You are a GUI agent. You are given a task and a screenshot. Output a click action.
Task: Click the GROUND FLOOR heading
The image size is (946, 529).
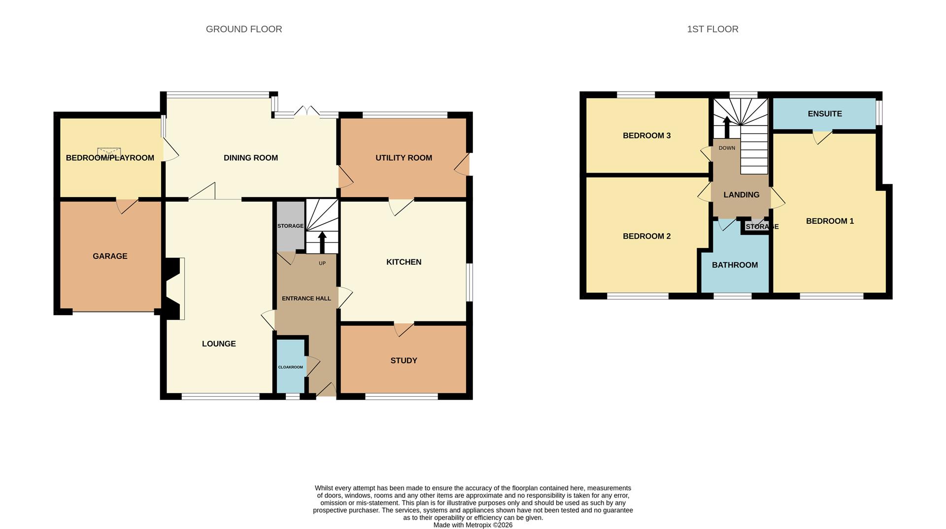tap(244, 29)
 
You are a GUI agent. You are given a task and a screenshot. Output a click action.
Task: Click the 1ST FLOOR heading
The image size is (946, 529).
tap(712, 29)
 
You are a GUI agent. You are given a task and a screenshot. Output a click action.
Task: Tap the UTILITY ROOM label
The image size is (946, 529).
tap(404, 158)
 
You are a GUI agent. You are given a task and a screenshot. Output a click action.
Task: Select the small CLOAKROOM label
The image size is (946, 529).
tap(290, 367)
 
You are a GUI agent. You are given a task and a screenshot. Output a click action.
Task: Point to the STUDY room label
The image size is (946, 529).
tap(404, 360)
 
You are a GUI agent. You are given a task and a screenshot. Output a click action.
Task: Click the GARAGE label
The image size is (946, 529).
tap(110, 256)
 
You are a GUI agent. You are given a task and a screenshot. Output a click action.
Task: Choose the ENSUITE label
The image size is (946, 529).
tap(824, 113)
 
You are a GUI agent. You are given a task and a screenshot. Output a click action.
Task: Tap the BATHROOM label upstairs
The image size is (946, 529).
tap(735, 265)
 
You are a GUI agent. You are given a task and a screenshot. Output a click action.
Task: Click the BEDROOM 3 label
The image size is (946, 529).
tap(646, 136)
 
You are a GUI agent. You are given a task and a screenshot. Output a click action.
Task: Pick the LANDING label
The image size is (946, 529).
tap(741, 195)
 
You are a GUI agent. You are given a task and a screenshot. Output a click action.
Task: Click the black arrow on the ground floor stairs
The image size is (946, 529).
tap(322, 242)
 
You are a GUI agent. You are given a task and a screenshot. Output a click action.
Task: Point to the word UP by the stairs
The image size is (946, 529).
tap(322, 263)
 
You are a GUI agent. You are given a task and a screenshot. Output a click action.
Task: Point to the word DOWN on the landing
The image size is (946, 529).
tap(726, 148)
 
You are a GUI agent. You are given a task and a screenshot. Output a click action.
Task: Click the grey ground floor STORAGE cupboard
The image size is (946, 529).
tap(290, 226)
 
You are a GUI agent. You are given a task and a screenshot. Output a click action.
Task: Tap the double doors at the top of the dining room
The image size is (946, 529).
tap(307, 111)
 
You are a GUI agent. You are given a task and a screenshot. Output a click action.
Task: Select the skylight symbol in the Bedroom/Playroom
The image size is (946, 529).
tap(109, 152)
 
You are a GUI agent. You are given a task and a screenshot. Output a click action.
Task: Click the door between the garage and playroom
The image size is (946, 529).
tap(127, 205)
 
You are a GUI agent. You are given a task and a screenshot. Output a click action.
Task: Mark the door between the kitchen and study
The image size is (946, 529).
tap(403, 329)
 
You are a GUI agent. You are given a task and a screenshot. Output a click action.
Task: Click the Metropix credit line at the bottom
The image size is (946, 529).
tap(473, 525)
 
